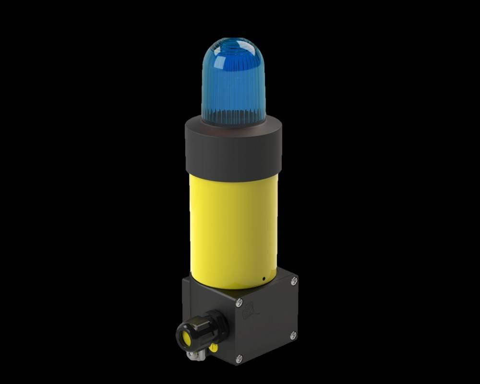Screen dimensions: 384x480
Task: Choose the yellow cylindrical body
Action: click(232, 226)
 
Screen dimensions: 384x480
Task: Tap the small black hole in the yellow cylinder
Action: click(264, 278)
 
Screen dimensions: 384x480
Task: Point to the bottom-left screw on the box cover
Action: click(240, 358)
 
